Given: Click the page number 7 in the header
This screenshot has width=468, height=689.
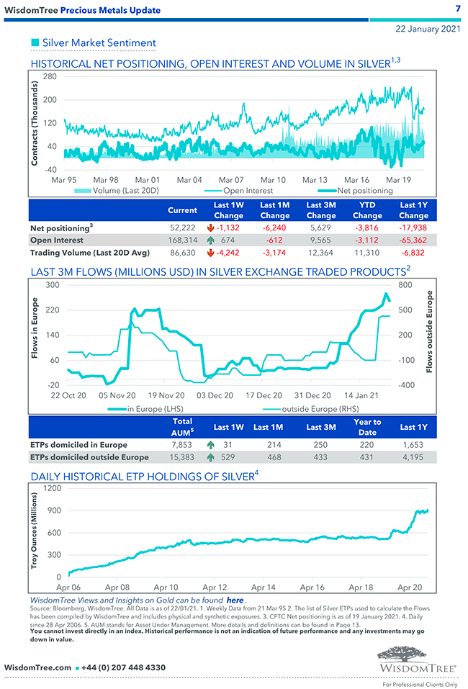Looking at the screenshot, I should point(458,9).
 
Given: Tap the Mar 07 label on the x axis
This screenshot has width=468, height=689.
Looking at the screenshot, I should point(231,179).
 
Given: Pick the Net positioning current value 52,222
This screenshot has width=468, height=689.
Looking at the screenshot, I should point(182,227).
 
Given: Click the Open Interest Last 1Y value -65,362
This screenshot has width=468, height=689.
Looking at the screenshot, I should point(413,240).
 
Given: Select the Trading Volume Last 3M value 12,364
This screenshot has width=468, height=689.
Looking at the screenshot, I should point(320,253).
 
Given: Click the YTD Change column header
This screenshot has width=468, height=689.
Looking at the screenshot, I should point(367,210).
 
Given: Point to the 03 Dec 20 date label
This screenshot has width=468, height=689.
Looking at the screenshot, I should point(215,395).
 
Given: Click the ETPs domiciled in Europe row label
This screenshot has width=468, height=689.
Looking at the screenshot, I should point(78,444).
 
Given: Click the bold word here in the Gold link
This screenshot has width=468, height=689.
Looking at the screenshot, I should point(235,600).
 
